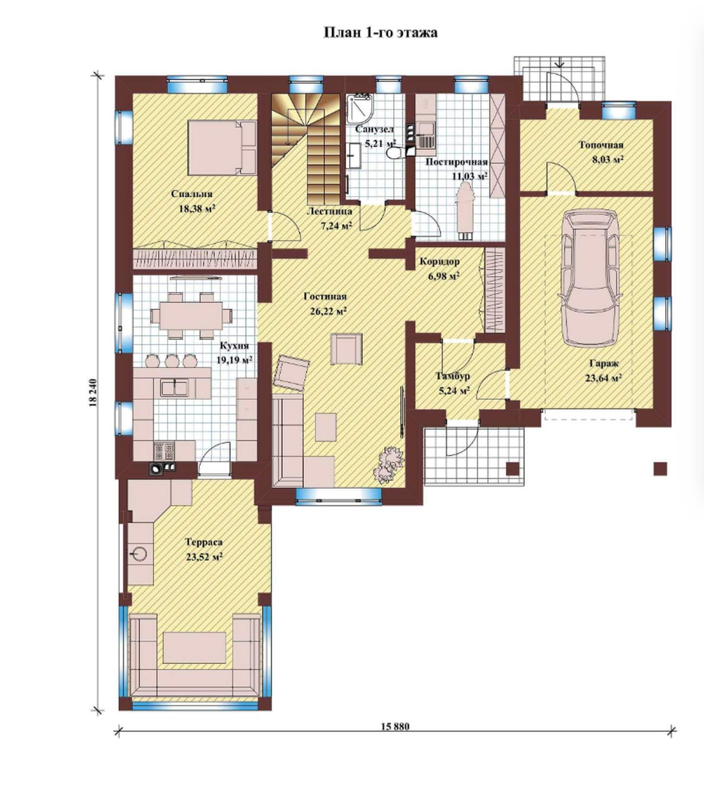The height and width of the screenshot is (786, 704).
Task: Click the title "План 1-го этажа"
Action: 381,33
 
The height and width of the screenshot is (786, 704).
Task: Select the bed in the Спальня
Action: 222,148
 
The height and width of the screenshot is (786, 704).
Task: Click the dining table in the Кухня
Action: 192,315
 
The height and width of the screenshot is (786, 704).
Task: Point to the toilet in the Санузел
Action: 394,152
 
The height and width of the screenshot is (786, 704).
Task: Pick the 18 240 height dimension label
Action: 93,392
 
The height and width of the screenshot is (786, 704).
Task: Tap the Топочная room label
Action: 601,145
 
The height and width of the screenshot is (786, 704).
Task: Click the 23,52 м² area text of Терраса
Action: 204,557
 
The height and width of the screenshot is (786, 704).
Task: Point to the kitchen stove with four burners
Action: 165,451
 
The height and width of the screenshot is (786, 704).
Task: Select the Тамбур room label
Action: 453,376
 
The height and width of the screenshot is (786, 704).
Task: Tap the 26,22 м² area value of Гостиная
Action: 328,311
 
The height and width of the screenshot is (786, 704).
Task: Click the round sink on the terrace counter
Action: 139,553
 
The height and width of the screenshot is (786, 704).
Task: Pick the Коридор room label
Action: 440,262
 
